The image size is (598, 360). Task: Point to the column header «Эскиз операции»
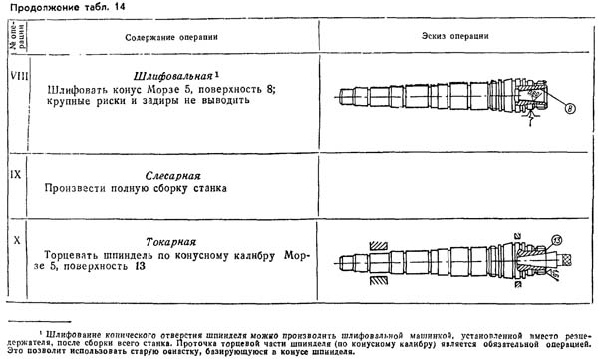(448, 37)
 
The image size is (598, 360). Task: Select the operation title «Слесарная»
(172, 172)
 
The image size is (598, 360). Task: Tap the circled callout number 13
(555, 240)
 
